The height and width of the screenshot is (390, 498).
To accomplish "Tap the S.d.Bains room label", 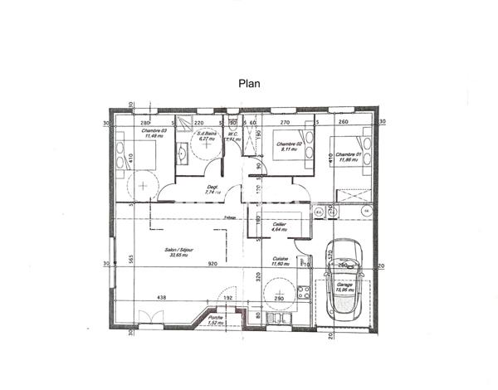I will (x=206, y=135).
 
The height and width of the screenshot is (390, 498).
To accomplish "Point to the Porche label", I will (x=216, y=320).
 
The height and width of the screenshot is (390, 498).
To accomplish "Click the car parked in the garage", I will (x=344, y=274).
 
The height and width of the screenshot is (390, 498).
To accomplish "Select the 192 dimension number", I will (x=227, y=297).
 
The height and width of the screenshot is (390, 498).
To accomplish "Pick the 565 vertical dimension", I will (x=131, y=259).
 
